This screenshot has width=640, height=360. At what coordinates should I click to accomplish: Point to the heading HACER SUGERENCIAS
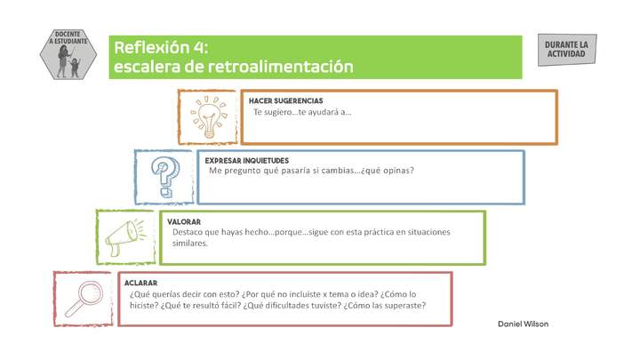285,101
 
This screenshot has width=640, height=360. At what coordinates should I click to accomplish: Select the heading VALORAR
184,221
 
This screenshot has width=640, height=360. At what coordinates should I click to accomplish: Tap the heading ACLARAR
141,283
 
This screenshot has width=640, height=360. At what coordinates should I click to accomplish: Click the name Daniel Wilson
523,324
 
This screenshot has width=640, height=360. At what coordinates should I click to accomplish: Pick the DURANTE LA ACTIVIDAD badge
566,50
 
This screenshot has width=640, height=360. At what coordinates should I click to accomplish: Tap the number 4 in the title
200,48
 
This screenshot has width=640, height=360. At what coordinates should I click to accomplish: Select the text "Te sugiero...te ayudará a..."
302,112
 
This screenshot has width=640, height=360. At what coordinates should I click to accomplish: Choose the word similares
190,243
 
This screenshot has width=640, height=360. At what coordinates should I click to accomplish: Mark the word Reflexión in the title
150,48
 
